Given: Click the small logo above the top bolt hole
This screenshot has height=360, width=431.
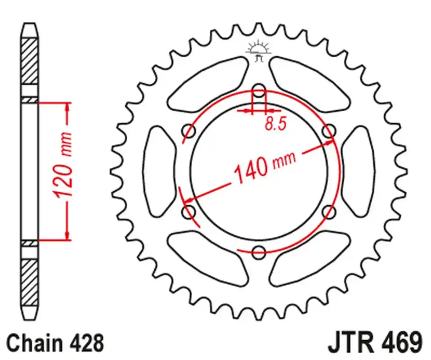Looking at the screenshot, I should point(258,51).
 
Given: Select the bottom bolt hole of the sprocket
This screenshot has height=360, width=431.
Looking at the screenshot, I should point(259,252).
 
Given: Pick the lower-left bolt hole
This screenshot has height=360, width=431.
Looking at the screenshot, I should point(189,212).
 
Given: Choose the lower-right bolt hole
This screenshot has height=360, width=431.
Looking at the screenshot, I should point(329,212).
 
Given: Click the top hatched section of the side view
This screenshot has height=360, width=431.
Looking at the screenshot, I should point(30,61).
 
